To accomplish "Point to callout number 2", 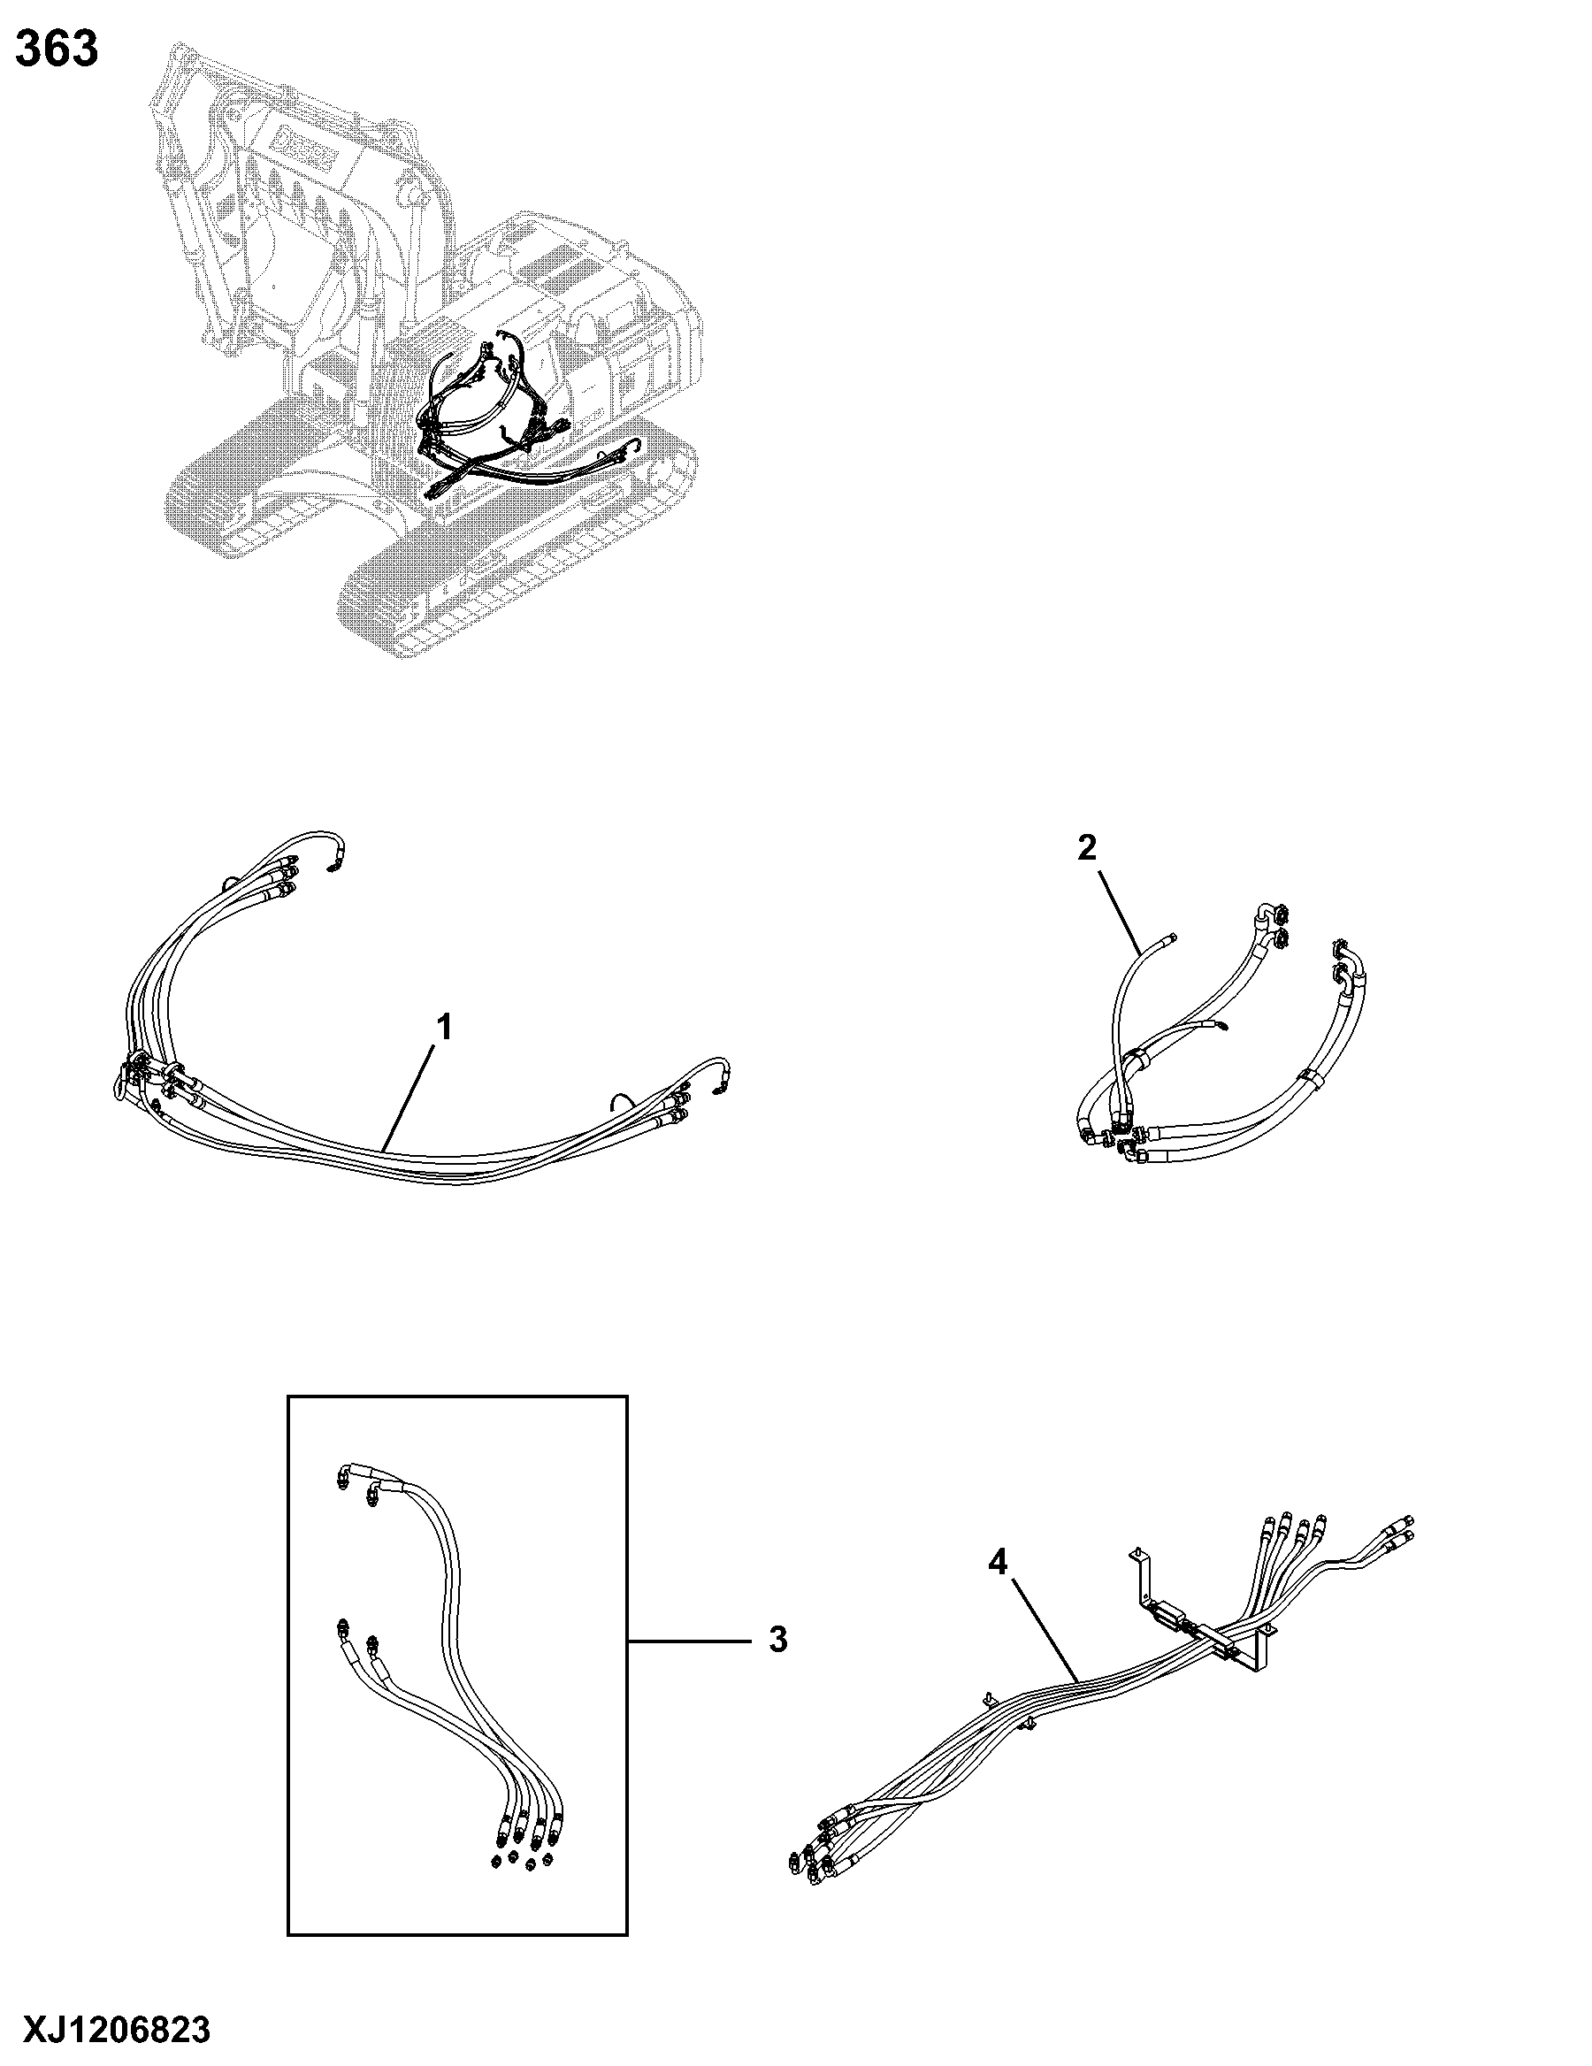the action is coord(1087,847).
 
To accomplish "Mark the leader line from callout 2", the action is coord(1117,910).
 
